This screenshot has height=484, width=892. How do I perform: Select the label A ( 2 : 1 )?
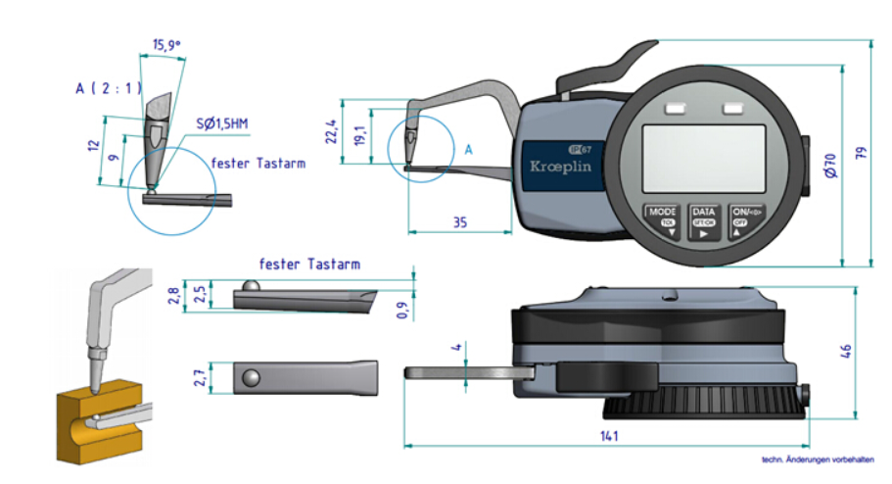point(109,89)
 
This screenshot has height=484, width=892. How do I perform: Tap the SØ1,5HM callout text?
point(222,123)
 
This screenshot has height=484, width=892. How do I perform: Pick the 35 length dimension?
point(459,222)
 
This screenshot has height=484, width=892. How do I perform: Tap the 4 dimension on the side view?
point(456,348)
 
